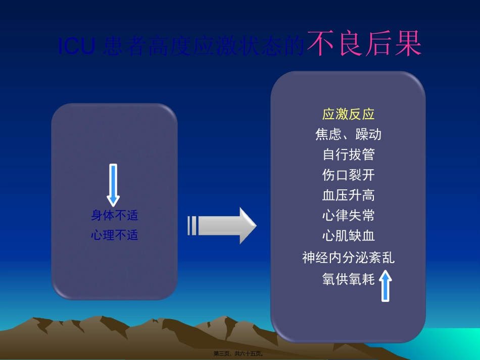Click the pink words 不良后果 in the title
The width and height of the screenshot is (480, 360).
[364, 44]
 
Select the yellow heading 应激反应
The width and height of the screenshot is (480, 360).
[348, 114]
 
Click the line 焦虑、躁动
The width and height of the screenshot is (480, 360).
[348, 134]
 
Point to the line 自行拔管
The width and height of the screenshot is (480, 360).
[348, 155]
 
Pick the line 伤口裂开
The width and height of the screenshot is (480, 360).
[348, 175]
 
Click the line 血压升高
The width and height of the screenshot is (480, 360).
[348, 195]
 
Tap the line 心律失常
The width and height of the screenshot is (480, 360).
[348, 216]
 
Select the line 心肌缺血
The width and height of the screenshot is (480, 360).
[348, 236]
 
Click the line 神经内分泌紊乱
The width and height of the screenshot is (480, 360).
[348, 258]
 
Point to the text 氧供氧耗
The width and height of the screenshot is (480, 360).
[348, 279]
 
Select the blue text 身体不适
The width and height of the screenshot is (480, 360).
[114, 216]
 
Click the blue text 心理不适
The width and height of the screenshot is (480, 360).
[114, 235]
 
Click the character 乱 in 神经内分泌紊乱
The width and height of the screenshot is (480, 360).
[388, 258]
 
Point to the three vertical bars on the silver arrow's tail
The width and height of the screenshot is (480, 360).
[192, 225]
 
